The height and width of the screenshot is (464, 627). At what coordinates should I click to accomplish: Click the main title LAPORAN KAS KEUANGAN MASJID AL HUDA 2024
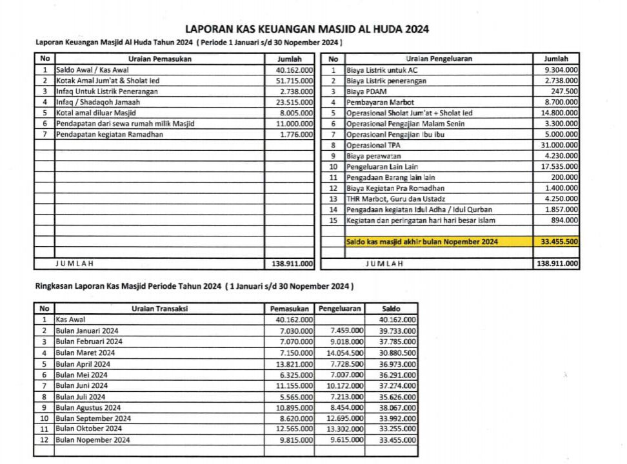click(307, 28)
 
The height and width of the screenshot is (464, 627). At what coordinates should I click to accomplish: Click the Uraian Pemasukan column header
click(159, 59)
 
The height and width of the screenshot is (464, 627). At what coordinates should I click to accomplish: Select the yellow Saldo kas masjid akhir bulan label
click(422, 242)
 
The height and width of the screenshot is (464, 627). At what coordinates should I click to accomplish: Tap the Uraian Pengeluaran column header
click(439, 59)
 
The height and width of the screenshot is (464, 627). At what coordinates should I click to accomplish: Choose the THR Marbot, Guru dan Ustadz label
click(395, 199)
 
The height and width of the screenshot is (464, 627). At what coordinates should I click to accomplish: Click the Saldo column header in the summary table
click(392, 309)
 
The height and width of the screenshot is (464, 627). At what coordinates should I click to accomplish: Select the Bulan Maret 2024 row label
click(85, 353)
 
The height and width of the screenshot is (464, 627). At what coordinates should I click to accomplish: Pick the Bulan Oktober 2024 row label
click(88, 429)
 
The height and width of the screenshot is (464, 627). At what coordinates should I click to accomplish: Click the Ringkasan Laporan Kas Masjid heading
click(193, 285)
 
